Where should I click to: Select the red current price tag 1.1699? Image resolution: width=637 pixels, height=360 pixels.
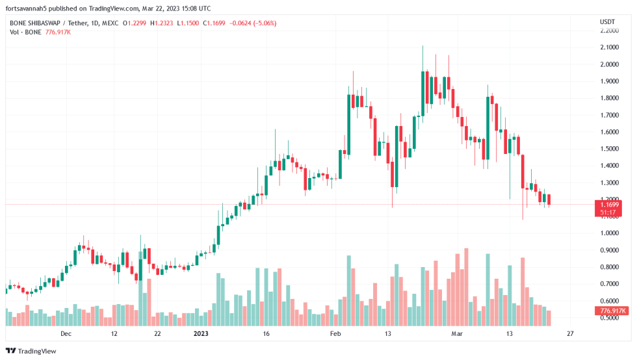(610, 205)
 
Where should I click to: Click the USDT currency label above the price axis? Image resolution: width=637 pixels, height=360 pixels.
(607, 23)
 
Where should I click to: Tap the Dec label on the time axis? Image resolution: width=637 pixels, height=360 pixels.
(65, 334)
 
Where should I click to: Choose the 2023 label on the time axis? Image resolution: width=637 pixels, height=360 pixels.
(201, 334)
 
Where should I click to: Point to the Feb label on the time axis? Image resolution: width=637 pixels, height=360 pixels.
(335, 334)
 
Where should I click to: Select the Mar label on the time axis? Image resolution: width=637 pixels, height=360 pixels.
(457, 334)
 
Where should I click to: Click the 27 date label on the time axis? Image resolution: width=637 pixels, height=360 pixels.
(570, 334)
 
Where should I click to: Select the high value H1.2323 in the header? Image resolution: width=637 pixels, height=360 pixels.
(162, 23)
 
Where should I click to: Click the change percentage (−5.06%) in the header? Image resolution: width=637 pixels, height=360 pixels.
(263, 23)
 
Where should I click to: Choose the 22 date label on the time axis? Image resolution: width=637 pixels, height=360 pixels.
(157, 334)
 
